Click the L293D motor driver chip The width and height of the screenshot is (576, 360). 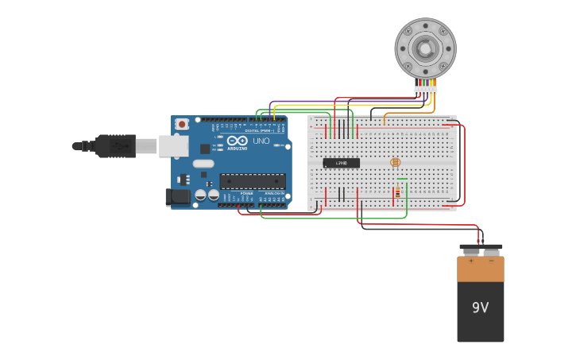tap(341, 163)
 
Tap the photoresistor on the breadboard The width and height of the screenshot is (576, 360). tap(396, 162)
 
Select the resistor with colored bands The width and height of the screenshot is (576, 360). tap(397, 192)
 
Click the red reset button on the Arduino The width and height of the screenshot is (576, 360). tap(182, 124)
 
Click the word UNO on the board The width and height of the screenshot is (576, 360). tap(261, 141)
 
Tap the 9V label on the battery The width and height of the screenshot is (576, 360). tap(480, 308)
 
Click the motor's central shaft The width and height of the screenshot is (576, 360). tap(426, 48)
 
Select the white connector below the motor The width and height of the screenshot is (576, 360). tap(425, 89)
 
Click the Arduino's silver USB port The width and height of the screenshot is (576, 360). tap(172, 146)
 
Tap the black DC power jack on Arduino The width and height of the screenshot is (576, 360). tap(177, 196)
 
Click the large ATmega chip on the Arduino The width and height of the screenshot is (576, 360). tap(252, 182)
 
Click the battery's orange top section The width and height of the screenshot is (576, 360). tap(480, 269)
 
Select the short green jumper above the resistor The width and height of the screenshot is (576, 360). tap(403, 180)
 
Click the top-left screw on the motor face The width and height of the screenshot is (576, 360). tap(409, 31)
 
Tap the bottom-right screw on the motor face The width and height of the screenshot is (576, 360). tap(443, 65)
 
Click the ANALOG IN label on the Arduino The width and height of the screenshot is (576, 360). tap(274, 193)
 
